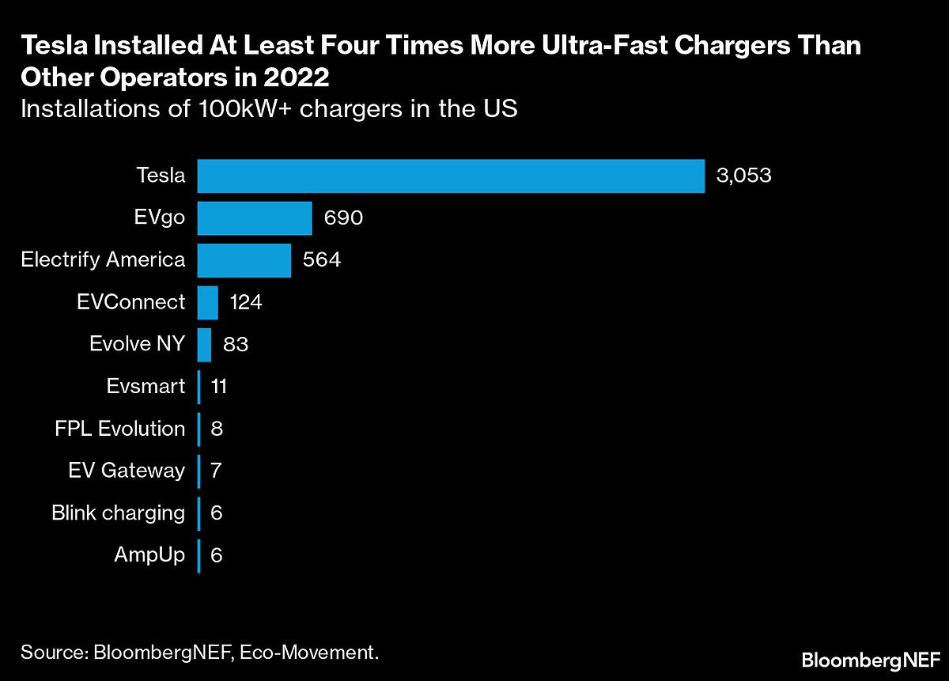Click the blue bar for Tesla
coord(451,176)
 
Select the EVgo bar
coord(255,218)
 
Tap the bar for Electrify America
coord(244,260)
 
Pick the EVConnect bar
coord(207,302)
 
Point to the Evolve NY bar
coord(204,345)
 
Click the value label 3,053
coord(743,176)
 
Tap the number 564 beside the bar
coord(321,260)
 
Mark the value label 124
coord(245,302)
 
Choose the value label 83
coord(236,345)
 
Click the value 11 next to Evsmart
coord(219,387)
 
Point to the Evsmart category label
coord(146,387)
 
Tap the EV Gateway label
coord(127,471)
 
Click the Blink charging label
coord(118,513)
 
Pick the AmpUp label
coord(149,555)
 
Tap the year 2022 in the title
coord(289,80)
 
